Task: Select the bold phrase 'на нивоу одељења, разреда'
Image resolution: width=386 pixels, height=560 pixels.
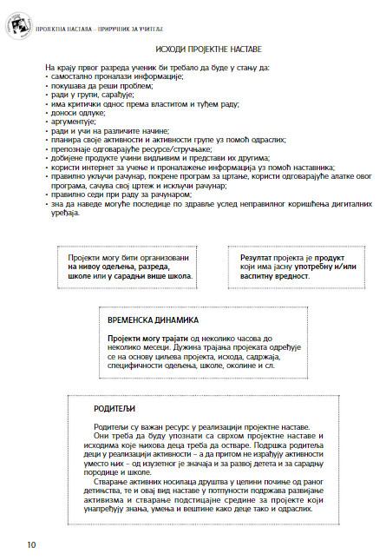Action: coord(127,268)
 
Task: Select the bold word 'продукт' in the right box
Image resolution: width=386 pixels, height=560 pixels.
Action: coord(329,259)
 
